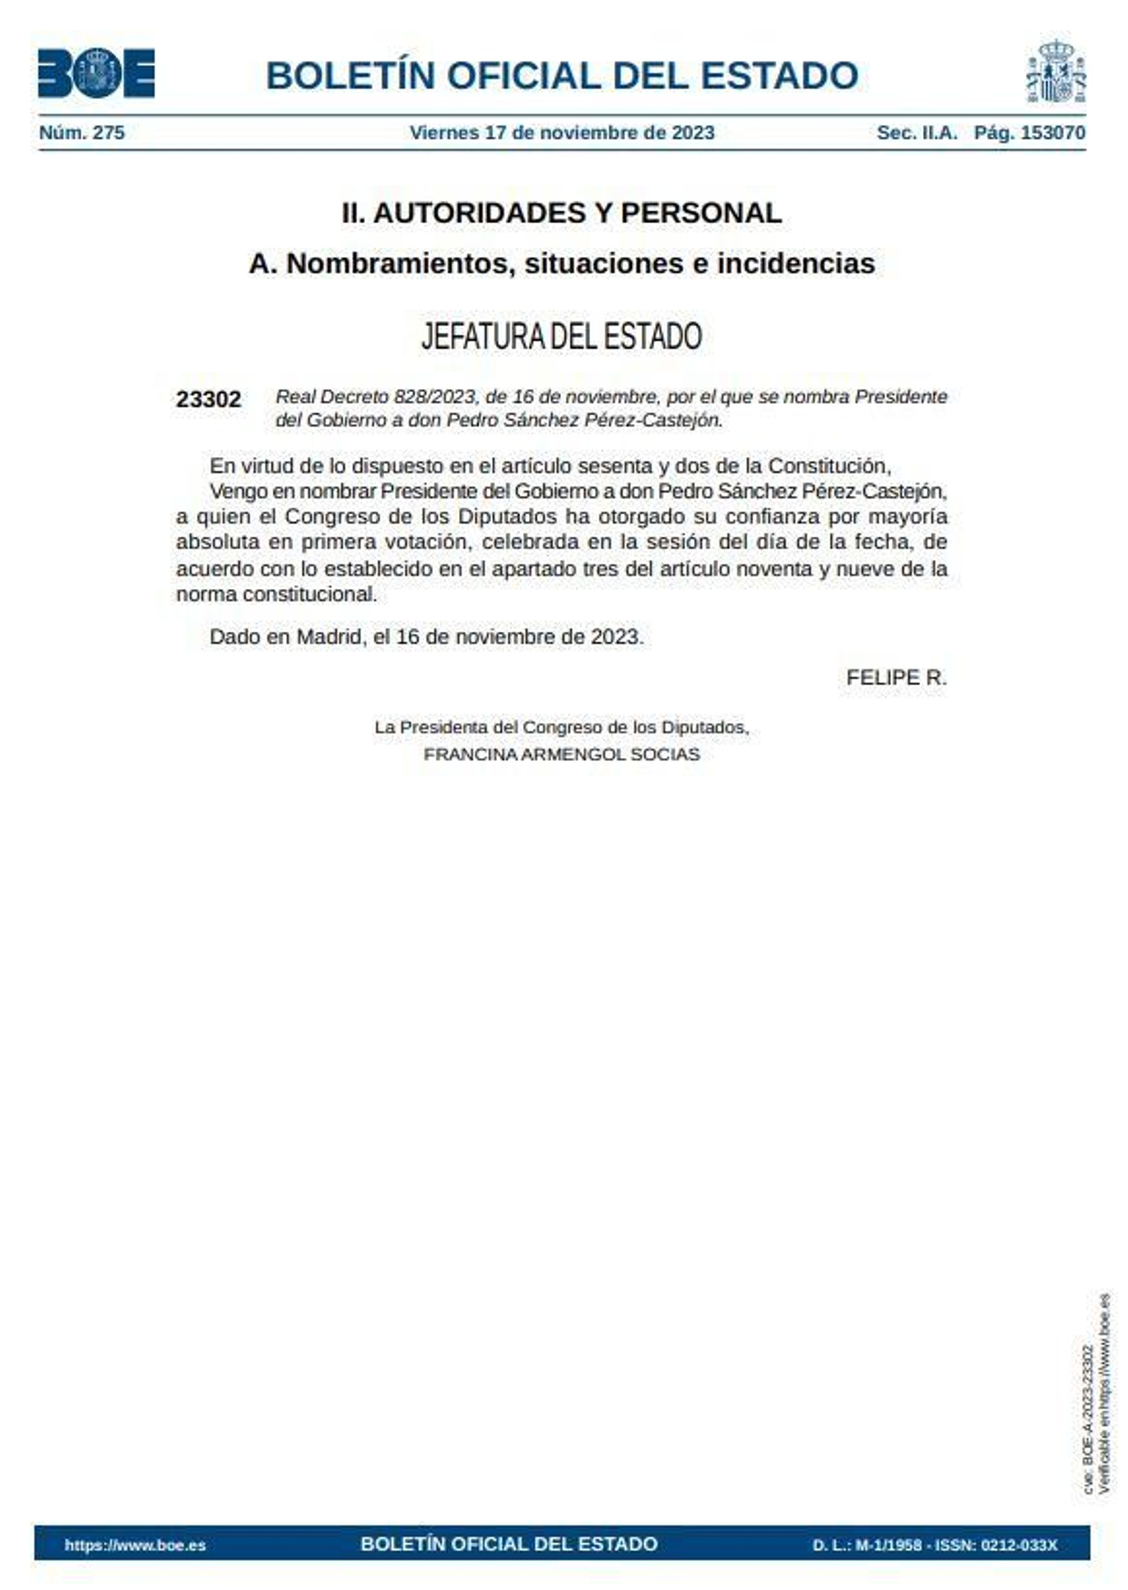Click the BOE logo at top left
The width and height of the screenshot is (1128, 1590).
point(96,73)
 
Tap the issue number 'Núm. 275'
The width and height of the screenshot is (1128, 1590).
point(82,133)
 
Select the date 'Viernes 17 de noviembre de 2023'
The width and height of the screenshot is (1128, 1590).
point(562,133)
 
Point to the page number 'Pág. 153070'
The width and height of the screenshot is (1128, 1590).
point(1029,133)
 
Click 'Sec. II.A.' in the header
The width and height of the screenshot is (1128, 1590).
point(916,133)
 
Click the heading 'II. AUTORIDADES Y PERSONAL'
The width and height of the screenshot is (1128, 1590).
point(562,213)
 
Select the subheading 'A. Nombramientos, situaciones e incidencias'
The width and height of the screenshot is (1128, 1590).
point(562,264)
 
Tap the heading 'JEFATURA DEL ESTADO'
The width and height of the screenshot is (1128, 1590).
point(562,336)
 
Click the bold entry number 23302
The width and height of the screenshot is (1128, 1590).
point(208,400)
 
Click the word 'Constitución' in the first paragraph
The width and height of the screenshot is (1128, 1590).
point(829,466)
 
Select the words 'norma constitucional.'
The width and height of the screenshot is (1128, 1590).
point(276,594)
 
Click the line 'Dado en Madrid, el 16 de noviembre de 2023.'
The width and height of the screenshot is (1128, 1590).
point(427,637)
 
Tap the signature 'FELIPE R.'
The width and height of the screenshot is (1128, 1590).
point(896,678)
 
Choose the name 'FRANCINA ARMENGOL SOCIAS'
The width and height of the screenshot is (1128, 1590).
point(562,754)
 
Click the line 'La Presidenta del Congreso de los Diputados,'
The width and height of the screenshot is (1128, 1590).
point(562,727)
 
